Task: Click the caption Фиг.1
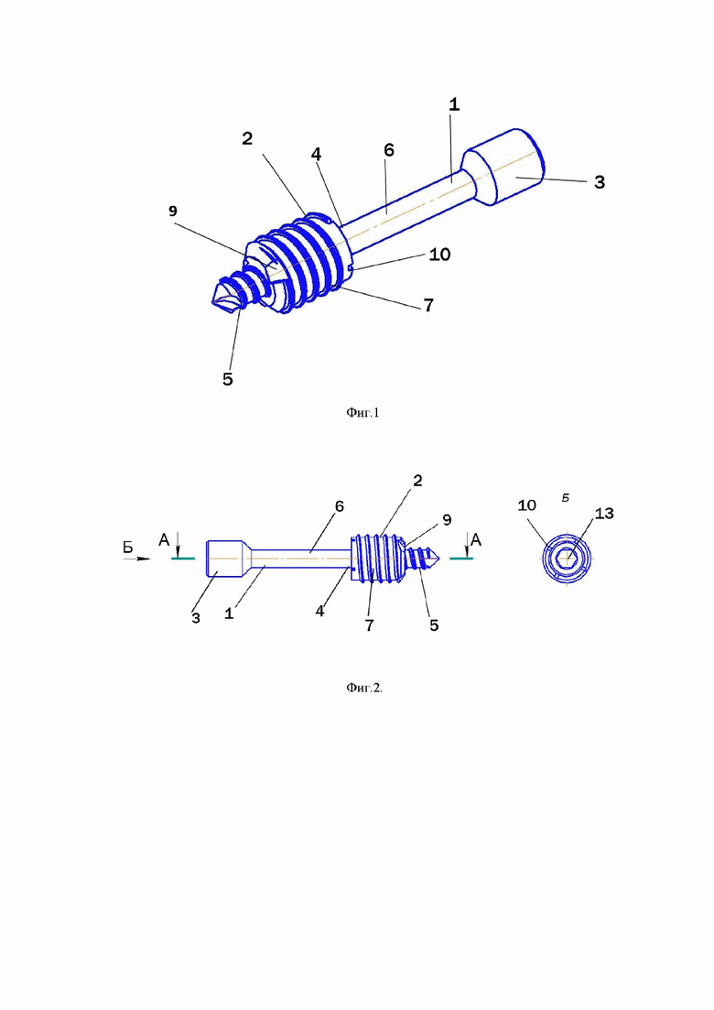pyautogui.click(x=362, y=413)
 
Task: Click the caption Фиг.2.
pyautogui.click(x=363, y=688)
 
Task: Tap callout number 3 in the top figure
pyautogui.click(x=600, y=182)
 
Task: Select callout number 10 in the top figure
pyautogui.click(x=439, y=255)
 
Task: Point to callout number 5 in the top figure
pyautogui.click(x=227, y=379)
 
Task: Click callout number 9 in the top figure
pyautogui.click(x=172, y=212)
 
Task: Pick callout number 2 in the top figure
pyautogui.click(x=247, y=138)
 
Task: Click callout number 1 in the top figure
pyautogui.click(x=454, y=104)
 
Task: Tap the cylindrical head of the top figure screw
pyautogui.click(x=504, y=167)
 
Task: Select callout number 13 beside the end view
pyautogui.click(x=604, y=514)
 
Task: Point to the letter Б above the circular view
pyautogui.click(x=566, y=498)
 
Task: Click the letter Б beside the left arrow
pyautogui.click(x=128, y=548)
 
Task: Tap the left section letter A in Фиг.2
pyautogui.click(x=164, y=539)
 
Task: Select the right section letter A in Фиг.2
pyautogui.click(x=476, y=539)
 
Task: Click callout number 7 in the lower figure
pyautogui.click(x=369, y=625)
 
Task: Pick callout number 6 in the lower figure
pyautogui.click(x=340, y=507)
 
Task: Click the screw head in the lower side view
pyautogui.click(x=224, y=559)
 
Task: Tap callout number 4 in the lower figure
pyautogui.click(x=320, y=612)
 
